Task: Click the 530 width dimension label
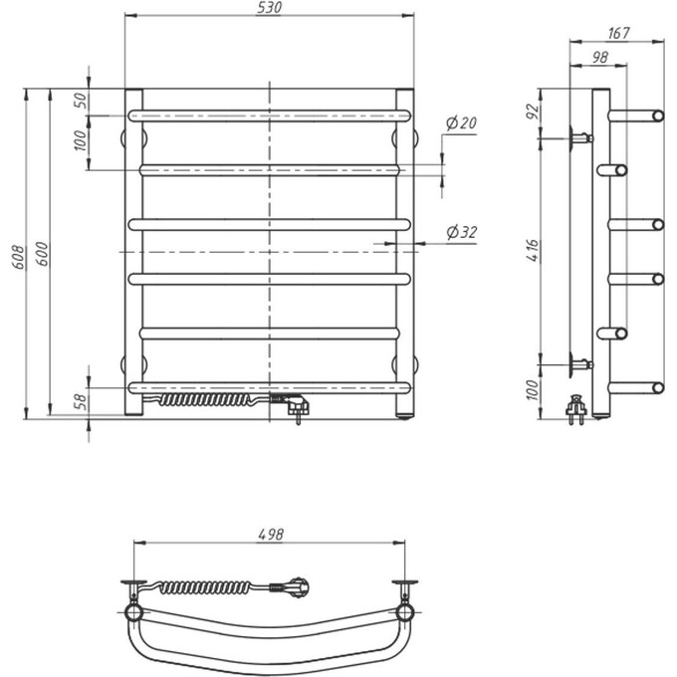269,8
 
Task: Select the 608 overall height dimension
19,257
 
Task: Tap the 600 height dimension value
42,254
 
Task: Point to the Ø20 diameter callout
461,123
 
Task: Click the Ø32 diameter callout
462,232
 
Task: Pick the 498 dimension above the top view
271,535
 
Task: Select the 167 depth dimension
618,33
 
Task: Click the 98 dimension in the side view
600,57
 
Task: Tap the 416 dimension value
534,251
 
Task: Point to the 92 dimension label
534,112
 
